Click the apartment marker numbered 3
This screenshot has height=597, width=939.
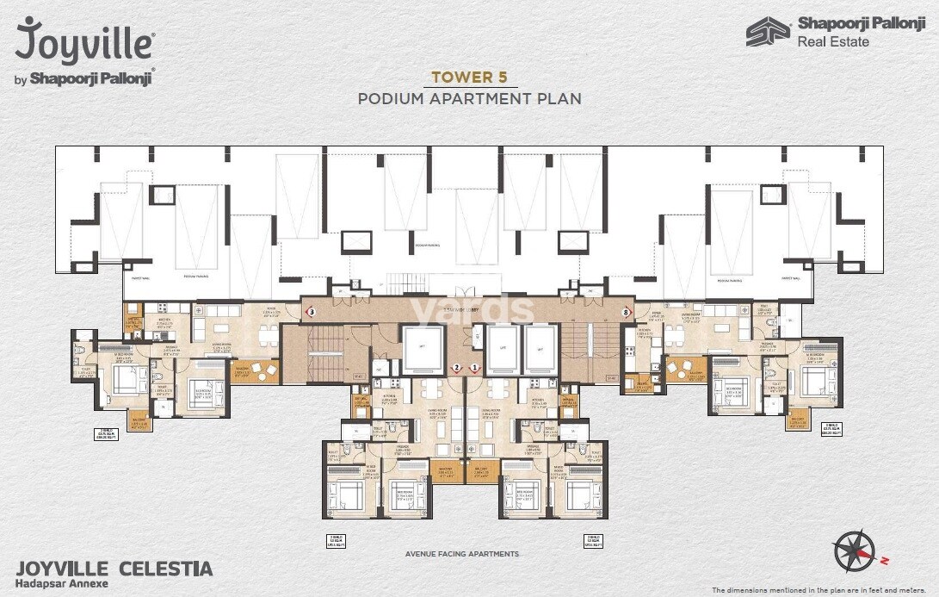click(x=312, y=311)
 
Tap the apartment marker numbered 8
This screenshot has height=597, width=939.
click(x=626, y=311)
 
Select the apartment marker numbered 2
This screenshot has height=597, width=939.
click(x=457, y=368)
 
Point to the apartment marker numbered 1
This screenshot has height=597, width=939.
click(x=474, y=368)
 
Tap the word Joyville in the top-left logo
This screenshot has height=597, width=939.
click(x=84, y=40)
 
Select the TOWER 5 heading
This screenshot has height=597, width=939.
click(x=469, y=77)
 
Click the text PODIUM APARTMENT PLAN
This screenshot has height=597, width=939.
click(x=469, y=98)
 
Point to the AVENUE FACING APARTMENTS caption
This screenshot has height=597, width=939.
click(x=469, y=554)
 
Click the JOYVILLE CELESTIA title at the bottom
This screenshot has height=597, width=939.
click(x=114, y=569)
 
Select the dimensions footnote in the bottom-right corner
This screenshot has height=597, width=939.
click(x=822, y=590)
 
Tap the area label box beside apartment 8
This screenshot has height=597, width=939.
click(x=831, y=429)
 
